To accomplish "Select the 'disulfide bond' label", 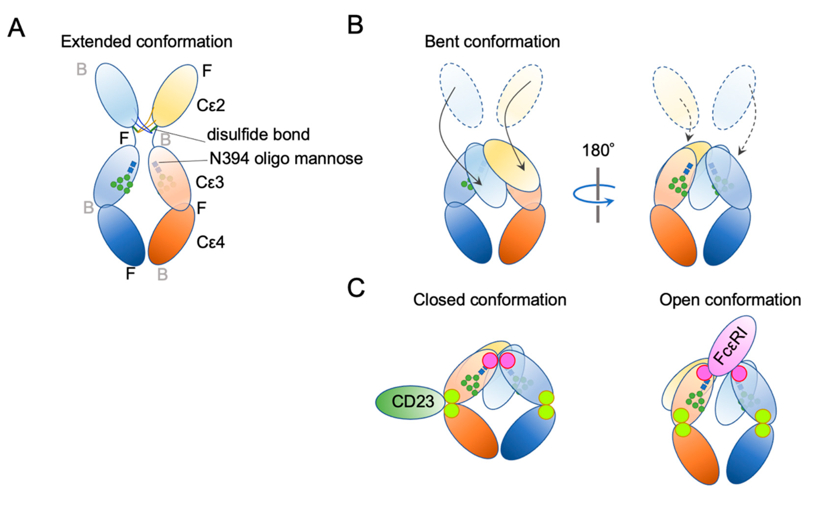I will tap(258, 135).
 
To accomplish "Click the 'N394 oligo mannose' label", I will tap(286, 159).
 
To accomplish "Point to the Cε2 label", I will tap(211, 105).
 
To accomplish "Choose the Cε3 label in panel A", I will tap(210, 183).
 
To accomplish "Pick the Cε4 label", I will tap(211, 242).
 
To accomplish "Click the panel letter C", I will tap(356, 288).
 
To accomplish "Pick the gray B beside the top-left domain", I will tap(82, 70).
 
